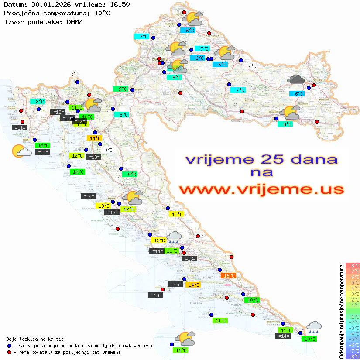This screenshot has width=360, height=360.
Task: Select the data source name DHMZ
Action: pos(75,21)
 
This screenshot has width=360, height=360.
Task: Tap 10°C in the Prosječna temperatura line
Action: pos(102,13)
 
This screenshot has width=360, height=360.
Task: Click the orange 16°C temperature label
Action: pos(229,275)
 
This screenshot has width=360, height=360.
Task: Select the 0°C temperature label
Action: pos(108,150)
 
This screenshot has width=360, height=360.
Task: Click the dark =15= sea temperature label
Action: pos(175,284)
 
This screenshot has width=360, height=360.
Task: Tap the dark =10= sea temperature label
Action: pos(67,118)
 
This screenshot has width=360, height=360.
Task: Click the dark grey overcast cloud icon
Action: pos(296,79)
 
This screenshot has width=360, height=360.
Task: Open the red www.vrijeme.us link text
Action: pos(261,189)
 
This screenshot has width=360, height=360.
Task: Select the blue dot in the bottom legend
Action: pos(10,346)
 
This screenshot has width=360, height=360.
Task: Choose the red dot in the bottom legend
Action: pos(10,352)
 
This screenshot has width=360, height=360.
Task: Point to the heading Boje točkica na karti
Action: pos(35,339)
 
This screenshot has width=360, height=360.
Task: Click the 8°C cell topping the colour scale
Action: pos(353,266)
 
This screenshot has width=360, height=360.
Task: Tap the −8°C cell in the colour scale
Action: pos(353,357)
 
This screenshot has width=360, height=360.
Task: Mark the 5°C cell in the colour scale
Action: pos(353,283)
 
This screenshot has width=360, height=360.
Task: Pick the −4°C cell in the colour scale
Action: pos(353,334)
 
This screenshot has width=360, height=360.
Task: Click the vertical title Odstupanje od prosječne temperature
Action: pos(342,311)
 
